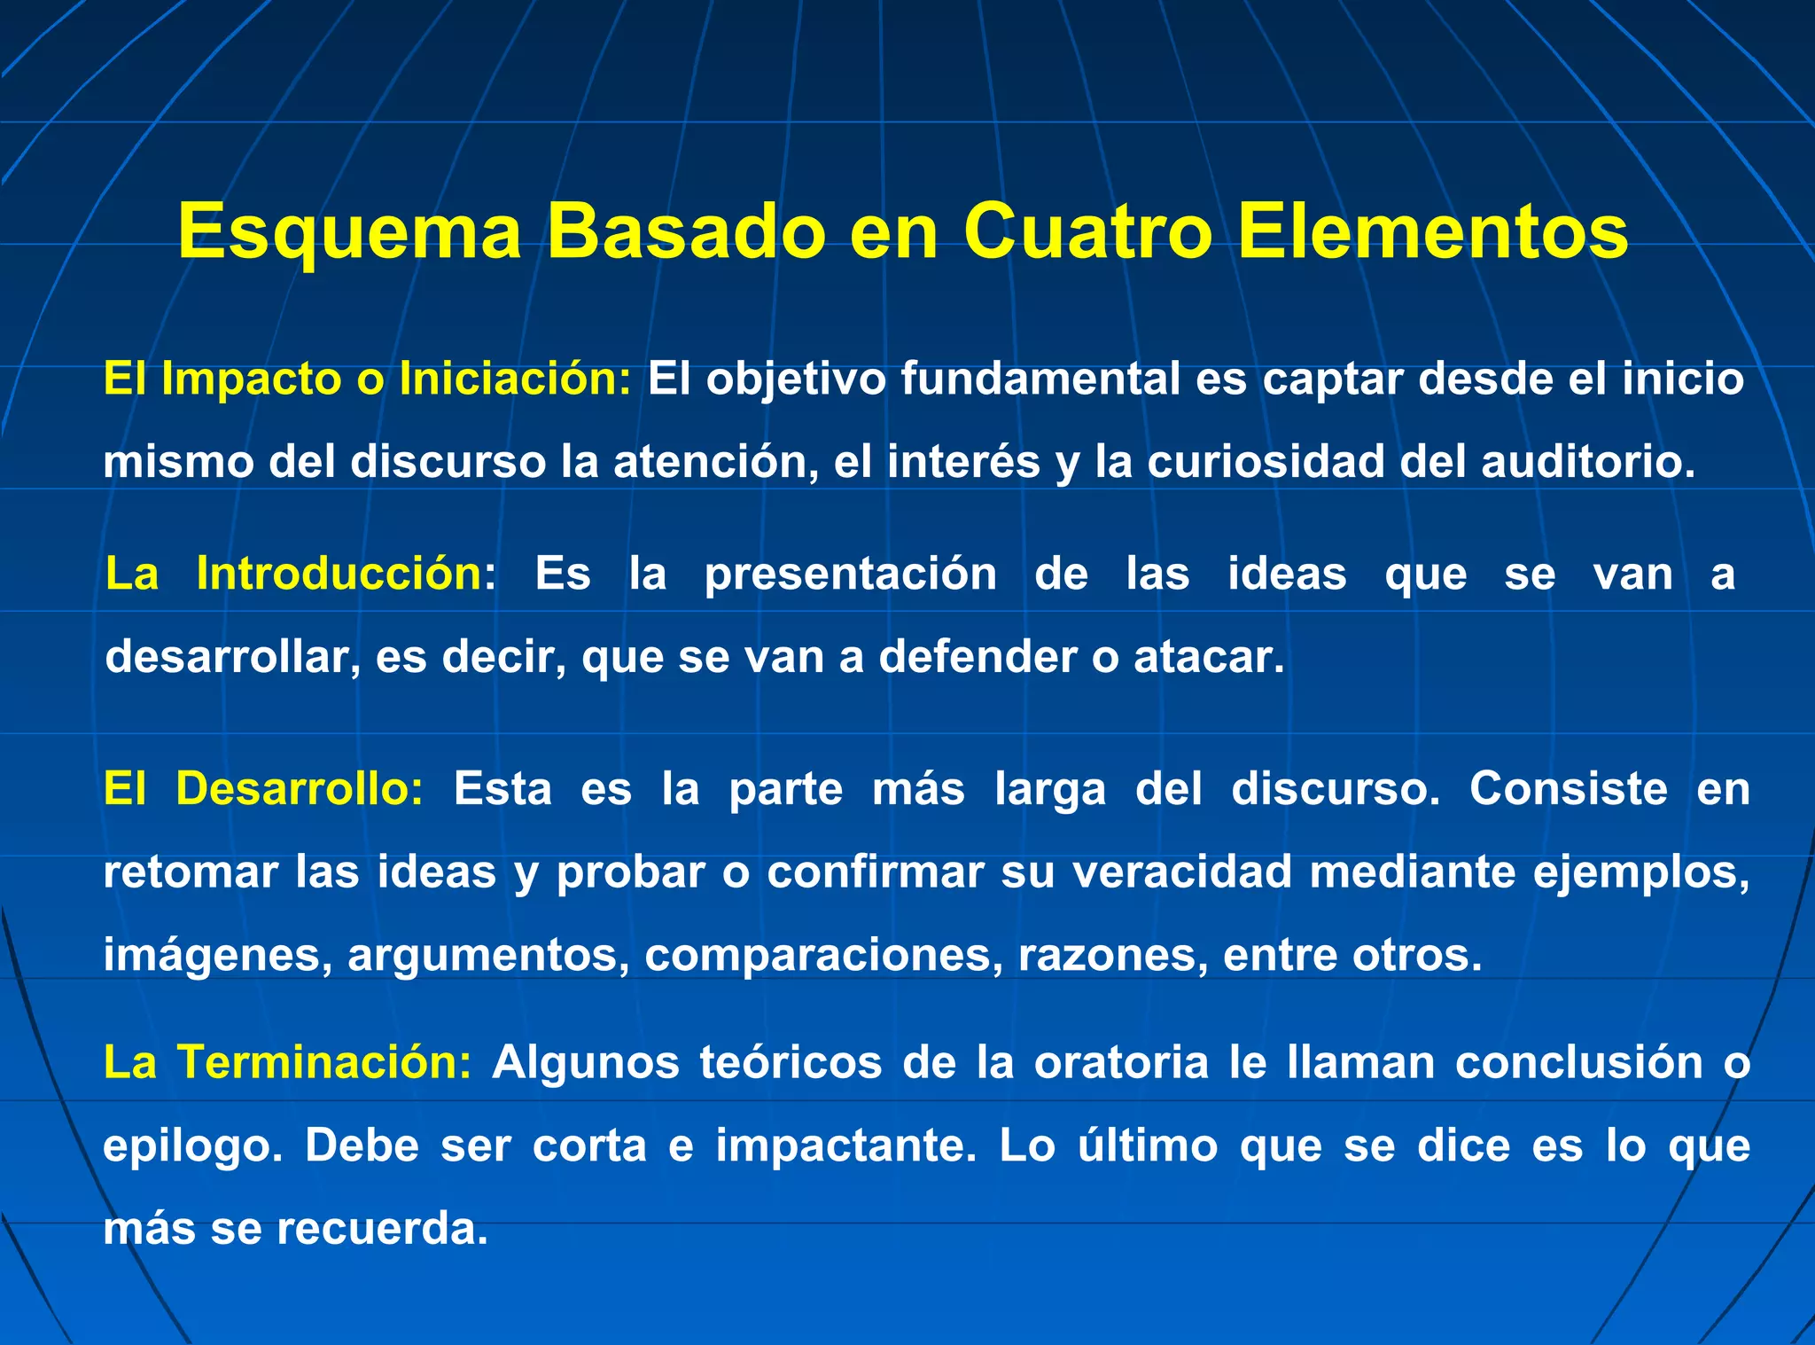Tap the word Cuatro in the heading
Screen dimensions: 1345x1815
point(1087,231)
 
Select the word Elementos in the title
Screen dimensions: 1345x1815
point(1432,231)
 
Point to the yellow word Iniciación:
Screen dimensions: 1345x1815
point(516,379)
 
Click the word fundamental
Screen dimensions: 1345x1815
point(1040,379)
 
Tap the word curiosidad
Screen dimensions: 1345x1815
point(1266,463)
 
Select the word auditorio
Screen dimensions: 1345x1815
point(1588,463)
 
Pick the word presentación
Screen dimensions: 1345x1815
point(850,574)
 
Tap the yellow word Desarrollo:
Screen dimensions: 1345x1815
point(300,788)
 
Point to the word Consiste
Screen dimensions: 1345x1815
point(1568,788)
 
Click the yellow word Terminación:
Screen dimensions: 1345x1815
point(324,1062)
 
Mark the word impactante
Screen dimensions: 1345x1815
point(845,1146)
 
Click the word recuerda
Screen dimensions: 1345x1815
point(383,1229)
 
